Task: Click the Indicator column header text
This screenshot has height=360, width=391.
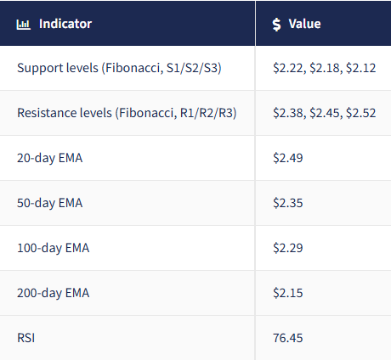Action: (65, 24)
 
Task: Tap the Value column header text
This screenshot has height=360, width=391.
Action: (304, 24)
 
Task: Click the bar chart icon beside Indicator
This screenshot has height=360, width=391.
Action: (24, 24)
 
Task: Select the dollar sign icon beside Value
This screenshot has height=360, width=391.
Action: (277, 24)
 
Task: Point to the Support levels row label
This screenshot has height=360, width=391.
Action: (119, 68)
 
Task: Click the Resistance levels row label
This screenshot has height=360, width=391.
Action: (127, 113)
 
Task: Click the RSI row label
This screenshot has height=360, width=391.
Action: (26, 338)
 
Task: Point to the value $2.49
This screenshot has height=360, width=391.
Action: (288, 158)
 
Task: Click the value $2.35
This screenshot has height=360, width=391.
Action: (288, 203)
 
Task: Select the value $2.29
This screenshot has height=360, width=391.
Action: (288, 248)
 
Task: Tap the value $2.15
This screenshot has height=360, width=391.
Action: (288, 293)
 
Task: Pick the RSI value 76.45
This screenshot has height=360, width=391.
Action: (288, 338)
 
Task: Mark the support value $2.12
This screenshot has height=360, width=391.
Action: (361, 68)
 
